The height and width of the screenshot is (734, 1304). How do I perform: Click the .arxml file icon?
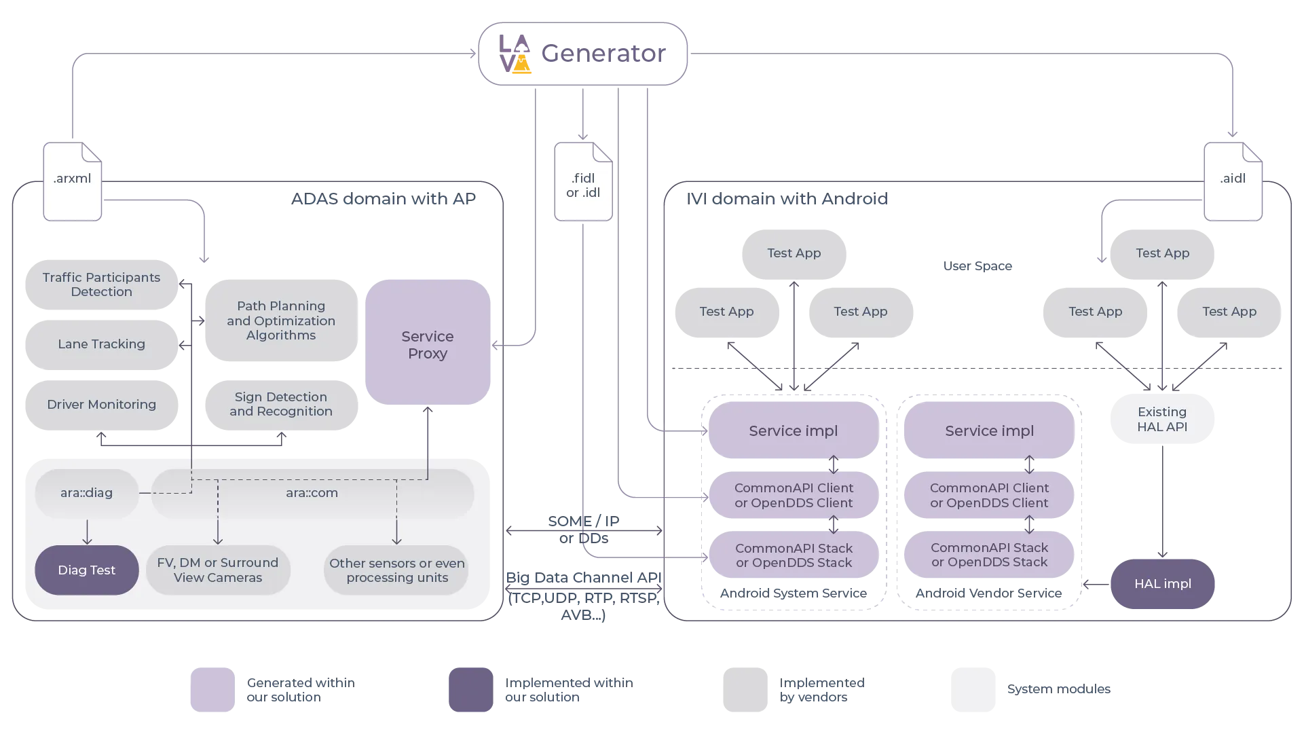(73, 181)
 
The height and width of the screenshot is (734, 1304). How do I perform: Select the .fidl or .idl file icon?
(583, 182)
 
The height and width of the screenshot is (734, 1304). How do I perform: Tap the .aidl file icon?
(1233, 181)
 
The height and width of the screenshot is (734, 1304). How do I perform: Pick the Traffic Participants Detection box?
(101, 285)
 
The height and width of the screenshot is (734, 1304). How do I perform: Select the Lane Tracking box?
(101, 344)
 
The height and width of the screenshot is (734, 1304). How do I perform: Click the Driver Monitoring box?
(101, 405)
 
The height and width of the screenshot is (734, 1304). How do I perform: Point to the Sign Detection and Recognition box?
(280, 405)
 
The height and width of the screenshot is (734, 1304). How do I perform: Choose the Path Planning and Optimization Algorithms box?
(280, 320)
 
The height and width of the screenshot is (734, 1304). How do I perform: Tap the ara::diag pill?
(86, 493)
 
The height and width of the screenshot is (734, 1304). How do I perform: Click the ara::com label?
(312, 493)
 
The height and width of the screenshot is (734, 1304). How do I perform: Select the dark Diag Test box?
(86, 570)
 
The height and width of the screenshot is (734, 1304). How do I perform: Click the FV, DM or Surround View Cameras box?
(217, 570)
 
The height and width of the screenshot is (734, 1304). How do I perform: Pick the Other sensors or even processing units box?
(396, 570)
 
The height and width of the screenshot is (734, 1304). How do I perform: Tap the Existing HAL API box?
(1161, 419)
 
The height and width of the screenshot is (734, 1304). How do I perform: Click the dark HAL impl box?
(1161, 584)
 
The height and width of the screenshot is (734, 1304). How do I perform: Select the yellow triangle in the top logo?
(521, 66)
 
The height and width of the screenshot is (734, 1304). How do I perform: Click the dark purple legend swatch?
(469, 689)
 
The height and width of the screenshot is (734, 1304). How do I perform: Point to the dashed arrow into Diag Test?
(87, 532)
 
